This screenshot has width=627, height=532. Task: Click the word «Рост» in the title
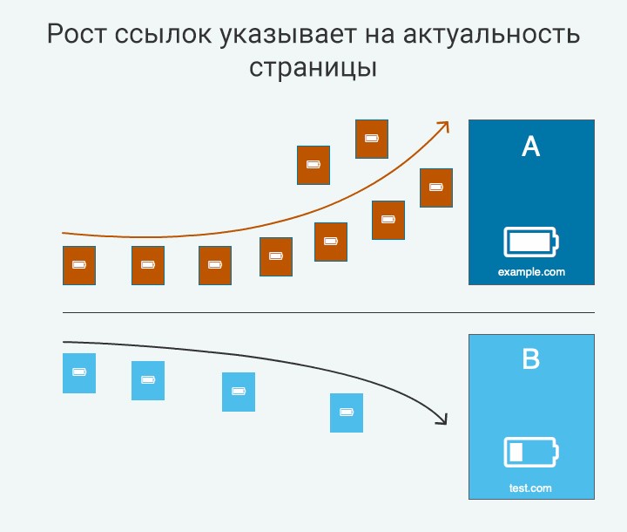coord(78,34)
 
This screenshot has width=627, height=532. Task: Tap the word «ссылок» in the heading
coord(163,35)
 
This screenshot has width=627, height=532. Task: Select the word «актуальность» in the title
coord(491,35)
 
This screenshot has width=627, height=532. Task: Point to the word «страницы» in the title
coord(313,68)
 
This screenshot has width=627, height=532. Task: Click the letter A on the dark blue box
coord(531,147)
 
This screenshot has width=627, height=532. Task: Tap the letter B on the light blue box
coord(531,358)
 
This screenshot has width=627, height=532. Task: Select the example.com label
coord(531,272)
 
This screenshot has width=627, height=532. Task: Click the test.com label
coord(530,488)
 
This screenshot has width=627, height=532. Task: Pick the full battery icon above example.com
coord(531,242)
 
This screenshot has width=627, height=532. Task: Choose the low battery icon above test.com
coord(531,452)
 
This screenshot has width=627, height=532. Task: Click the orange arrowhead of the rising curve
coord(444,126)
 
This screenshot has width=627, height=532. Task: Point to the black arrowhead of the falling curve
coord(442,419)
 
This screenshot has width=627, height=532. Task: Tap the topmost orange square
coord(372,139)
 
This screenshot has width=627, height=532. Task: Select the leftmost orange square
coord(79,266)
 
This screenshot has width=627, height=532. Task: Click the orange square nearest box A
coord(436,188)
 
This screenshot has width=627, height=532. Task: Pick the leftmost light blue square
coord(79,373)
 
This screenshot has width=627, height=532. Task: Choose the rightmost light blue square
coord(347,413)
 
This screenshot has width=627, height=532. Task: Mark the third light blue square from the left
coord(239,392)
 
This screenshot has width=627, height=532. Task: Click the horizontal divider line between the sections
coord(328,312)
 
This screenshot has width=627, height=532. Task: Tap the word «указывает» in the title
coord(287,35)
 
